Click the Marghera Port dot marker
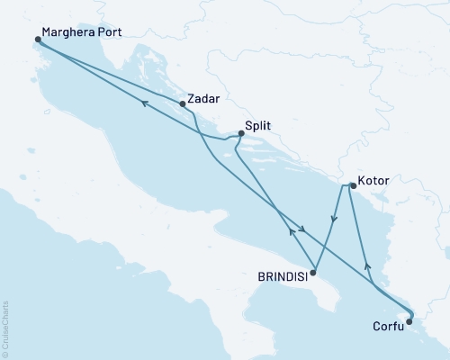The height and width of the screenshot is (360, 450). point(38,40)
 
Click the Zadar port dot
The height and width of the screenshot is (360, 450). point(184,103)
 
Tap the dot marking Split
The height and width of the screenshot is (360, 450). point(240,134)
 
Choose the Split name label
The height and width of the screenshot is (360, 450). point(259,129)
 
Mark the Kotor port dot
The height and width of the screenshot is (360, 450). point(352,186)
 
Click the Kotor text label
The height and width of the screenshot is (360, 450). point(373,181)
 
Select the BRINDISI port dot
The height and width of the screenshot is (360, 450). point(312,271)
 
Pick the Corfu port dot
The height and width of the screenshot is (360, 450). point(409,319)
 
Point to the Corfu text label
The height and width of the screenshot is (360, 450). point(388,328)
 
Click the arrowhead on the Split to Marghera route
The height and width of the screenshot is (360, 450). point(142,104)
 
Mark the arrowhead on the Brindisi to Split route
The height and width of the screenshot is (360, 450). point(290,231)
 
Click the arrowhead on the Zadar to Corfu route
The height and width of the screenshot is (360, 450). point(303,231)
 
